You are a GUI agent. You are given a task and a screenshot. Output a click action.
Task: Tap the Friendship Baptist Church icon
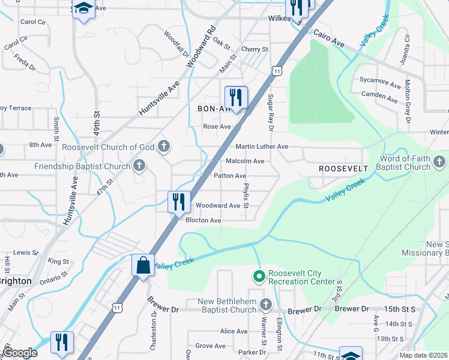tap(139, 166)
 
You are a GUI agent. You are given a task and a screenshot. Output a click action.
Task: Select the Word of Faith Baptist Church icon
tap(439, 162)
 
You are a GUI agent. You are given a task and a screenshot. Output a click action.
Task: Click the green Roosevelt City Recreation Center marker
tap(259, 277)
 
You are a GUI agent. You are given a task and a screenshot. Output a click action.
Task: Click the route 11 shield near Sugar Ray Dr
tap(276, 71)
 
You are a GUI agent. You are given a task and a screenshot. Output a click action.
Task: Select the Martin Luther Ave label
tap(262, 147)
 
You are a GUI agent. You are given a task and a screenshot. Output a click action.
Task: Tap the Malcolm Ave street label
tap(245, 161)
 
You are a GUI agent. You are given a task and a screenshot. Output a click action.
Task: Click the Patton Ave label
tap(231, 176)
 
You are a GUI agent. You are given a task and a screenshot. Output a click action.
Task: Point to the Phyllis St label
tap(246, 197)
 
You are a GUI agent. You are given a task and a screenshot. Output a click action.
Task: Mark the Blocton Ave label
tap(203, 220)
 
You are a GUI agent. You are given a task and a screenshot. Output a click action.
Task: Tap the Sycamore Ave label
tap(380, 80)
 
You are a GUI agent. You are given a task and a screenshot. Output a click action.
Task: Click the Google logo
tap(20, 352)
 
